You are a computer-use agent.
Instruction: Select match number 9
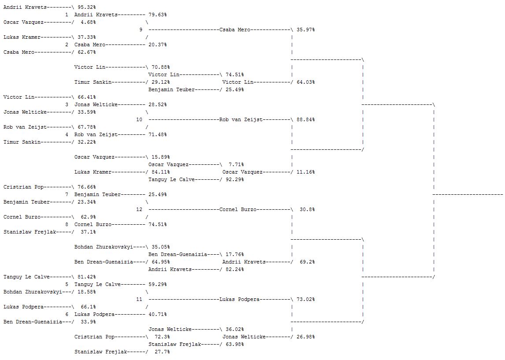[x=141, y=30]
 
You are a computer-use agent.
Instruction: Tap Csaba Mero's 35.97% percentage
[x=306, y=30]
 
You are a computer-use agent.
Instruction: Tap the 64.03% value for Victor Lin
[x=306, y=82]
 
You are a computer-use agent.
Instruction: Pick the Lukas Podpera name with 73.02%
[x=239, y=300]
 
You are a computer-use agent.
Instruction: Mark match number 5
[x=67, y=285]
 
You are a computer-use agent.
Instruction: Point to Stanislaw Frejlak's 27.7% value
[x=160, y=352]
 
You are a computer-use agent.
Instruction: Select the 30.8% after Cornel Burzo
[x=307, y=210]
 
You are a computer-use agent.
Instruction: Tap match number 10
[x=139, y=120]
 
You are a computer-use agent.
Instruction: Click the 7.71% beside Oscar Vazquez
[x=236, y=165]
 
